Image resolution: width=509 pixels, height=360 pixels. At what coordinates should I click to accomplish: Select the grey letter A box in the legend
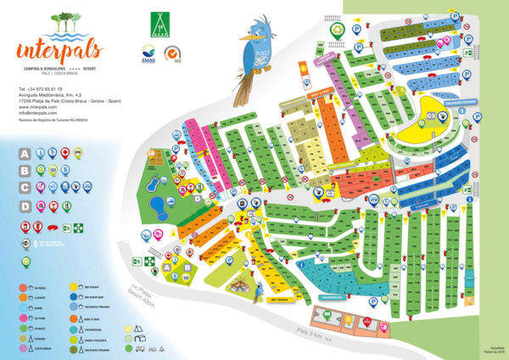pyautogui.click(x=25, y=154)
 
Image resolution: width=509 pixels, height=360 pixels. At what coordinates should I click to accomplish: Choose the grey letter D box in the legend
pyautogui.click(x=25, y=205)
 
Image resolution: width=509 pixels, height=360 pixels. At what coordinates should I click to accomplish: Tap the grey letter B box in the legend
pyautogui.click(x=25, y=171)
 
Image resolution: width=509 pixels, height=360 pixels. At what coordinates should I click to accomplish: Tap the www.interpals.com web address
pyautogui.click(x=37, y=109)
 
